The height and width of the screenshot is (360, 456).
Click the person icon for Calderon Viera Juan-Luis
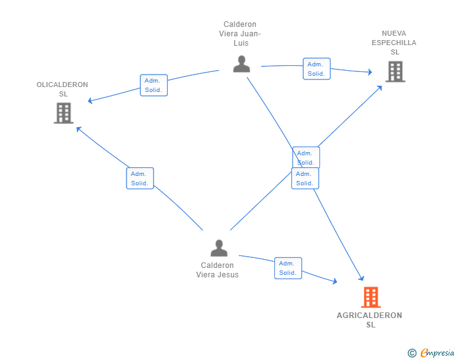pos(241,64)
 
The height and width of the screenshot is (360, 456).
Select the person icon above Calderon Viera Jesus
pos(219,248)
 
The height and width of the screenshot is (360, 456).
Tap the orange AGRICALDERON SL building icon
pos(371,297)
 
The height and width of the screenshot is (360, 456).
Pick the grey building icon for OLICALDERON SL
pos(64,113)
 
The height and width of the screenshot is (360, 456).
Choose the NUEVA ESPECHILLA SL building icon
pos(395,71)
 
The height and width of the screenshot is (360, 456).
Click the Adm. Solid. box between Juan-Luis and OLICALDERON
pos(154,85)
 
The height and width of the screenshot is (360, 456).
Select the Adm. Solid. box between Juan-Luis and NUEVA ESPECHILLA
pos(317,69)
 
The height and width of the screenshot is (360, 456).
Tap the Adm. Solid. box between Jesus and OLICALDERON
pos(140,178)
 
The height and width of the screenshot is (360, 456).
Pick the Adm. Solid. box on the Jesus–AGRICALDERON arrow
pos(288,268)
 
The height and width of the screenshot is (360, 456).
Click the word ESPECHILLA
pos(394,43)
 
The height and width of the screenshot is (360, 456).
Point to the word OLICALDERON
pos(62,85)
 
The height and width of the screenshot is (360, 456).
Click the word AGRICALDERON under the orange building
pos(370,315)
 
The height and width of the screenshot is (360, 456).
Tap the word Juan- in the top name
pos(251,34)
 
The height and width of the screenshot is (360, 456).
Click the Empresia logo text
pos(437,353)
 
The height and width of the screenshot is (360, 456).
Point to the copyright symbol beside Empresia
pos(412,353)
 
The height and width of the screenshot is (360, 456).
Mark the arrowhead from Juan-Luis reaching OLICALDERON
pos(90,101)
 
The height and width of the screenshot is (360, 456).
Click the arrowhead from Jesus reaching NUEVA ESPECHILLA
pos(380,88)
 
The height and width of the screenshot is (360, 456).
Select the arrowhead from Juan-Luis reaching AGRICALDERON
pos(361,278)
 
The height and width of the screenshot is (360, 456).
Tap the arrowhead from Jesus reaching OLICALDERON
pos(78,129)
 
